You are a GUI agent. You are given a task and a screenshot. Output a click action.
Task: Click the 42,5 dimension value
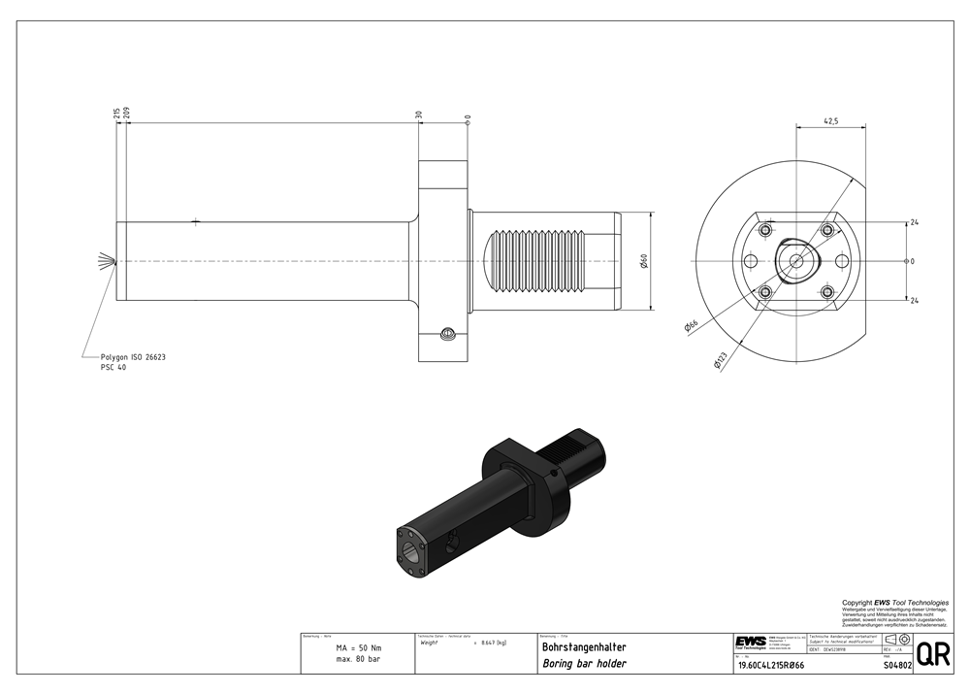pos(830,121)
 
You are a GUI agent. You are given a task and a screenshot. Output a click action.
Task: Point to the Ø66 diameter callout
pos(691,327)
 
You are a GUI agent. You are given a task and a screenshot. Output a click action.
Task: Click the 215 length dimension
pos(116,115)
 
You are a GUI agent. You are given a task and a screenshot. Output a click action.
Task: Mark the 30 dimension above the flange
pos(419,115)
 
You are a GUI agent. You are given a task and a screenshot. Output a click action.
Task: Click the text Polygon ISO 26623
pos(134,357)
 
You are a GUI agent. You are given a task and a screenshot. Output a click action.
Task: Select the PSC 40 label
pos(113,368)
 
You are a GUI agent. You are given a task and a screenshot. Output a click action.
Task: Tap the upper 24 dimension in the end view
pos(914,223)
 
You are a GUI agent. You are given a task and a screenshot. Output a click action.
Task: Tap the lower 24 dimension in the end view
pos(914,301)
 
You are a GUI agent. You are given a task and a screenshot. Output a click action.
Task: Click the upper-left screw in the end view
pos(765,230)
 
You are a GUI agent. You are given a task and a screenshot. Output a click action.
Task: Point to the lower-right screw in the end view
pos(827,291)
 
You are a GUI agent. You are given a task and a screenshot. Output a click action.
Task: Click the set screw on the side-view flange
pos(447,336)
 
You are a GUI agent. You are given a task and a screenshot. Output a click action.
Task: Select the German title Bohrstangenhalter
pos(584,647)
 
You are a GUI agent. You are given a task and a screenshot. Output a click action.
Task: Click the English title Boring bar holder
pos(584,664)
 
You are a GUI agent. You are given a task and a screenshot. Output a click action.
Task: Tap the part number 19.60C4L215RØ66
pos(772,665)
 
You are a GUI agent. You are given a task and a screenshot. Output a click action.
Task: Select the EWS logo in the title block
pos(750,642)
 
